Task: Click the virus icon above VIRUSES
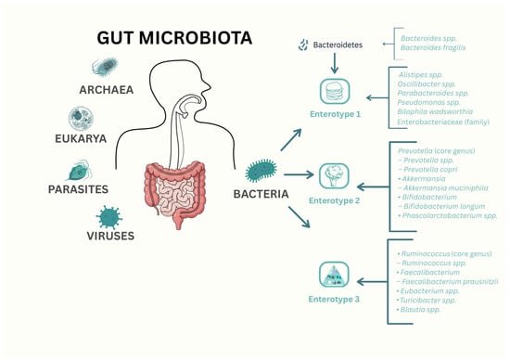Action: coord(108,215)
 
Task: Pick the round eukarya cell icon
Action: coord(81,119)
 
